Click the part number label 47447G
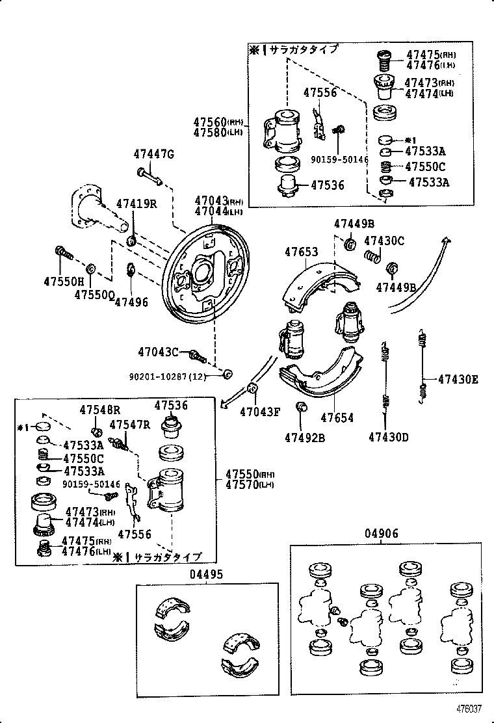(154, 154)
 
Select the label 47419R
(136, 204)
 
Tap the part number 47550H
(64, 282)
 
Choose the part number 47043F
(259, 411)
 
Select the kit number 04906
(381, 534)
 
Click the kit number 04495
(207, 574)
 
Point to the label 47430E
(458, 379)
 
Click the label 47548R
(100, 410)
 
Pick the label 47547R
(129, 425)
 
